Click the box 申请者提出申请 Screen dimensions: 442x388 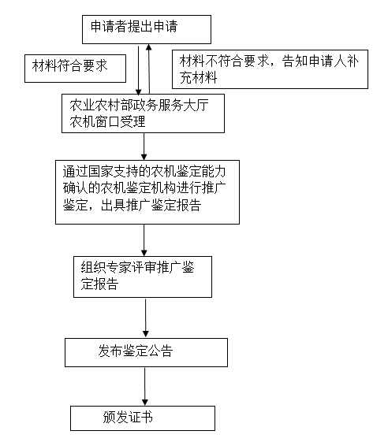click(147, 28)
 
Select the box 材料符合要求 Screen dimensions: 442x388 click(75, 68)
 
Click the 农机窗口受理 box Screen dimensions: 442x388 click(147, 113)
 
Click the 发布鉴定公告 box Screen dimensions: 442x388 click(146, 351)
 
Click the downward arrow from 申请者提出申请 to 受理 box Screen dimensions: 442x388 click(139, 69)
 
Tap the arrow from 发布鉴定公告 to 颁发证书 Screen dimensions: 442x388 click(144, 386)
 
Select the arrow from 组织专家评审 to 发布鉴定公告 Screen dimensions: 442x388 click(144, 318)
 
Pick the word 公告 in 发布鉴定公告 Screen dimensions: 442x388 click(160, 351)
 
